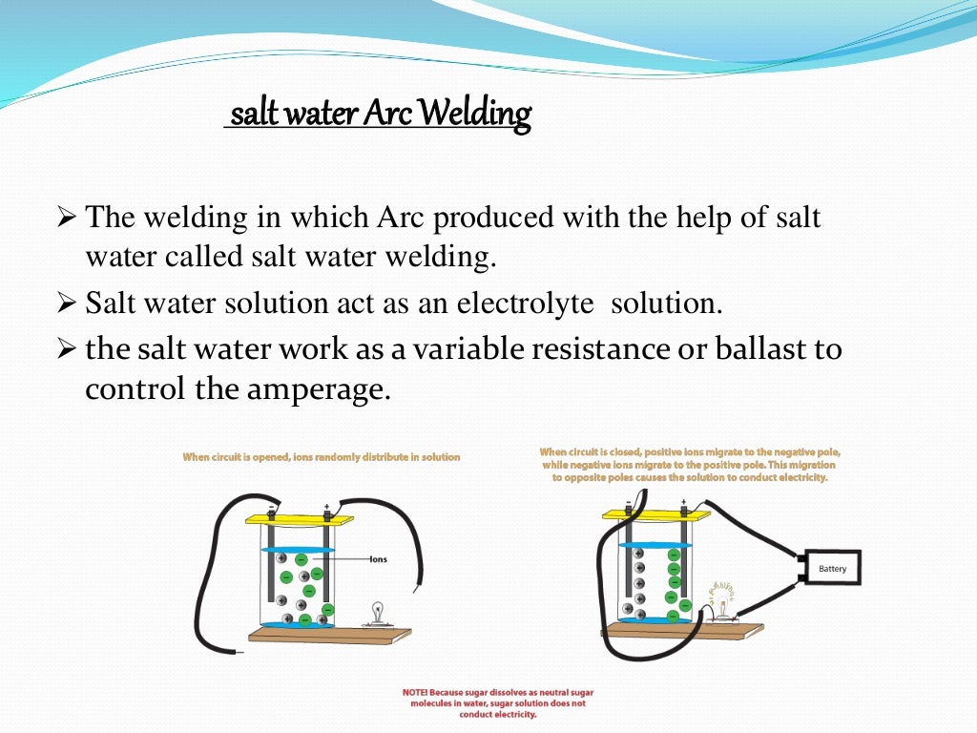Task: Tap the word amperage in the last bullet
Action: click(329, 390)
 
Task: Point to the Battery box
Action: click(832, 569)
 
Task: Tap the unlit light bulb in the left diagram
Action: click(377, 612)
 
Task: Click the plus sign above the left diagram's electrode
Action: click(326, 506)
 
